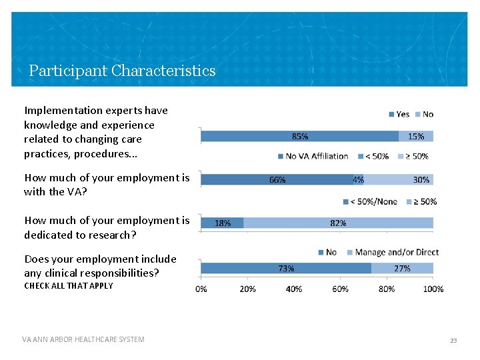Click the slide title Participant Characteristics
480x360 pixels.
tap(122, 71)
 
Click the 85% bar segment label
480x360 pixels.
tap(300, 136)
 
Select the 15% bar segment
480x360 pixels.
tap(416, 136)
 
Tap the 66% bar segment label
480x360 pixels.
tap(277, 179)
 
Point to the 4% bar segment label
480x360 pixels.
tap(359, 179)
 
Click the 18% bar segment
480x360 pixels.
tap(223, 223)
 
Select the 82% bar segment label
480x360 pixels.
tap(338, 223)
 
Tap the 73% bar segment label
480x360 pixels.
tap(286, 268)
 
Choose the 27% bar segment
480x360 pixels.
tap(402, 268)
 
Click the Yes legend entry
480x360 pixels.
tap(399, 114)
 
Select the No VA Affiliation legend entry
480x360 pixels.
tap(312, 156)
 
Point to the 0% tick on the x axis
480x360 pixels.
tap(201, 289)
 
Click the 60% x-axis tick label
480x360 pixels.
tap(341, 289)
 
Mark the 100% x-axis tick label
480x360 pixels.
tap(433, 289)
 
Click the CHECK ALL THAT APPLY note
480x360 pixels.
tap(69, 286)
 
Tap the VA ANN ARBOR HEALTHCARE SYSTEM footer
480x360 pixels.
tap(83, 339)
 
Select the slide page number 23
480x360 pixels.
tap(453, 340)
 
